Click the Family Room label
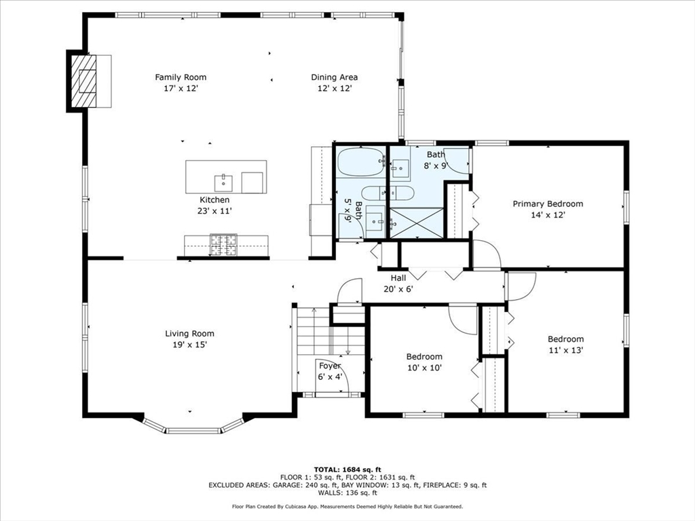[x=181, y=77]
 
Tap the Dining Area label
[x=334, y=77]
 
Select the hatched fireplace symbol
[x=86, y=81]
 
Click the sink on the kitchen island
[x=223, y=182]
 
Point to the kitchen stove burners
[x=223, y=245]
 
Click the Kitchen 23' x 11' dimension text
[x=214, y=211]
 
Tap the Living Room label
[x=189, y=333]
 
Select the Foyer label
[x=330, y=366]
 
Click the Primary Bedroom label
[x=547, y=204]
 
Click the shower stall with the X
[x=415, y=223]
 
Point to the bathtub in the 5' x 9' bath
[x=360, y=162]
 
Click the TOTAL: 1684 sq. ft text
[x=347, y=469]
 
